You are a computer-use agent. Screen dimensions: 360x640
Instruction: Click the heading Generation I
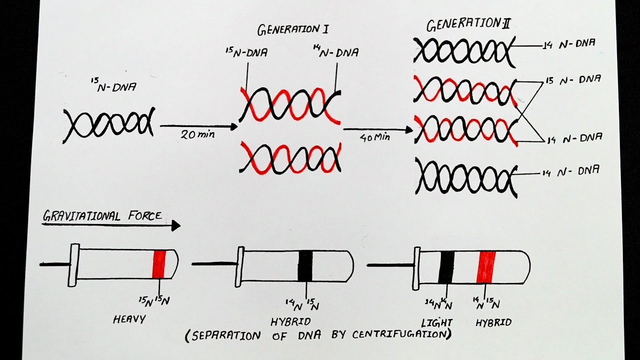click(292, 29)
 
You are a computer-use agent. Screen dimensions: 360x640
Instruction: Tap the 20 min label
click(195, 135)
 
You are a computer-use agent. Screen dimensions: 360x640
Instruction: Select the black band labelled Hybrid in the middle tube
click(305, 265)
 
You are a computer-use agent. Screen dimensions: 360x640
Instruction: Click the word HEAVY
click(129, 319)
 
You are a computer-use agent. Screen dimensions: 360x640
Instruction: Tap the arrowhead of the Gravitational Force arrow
click(175, 226)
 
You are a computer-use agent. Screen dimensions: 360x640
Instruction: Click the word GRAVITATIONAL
click(80, 216)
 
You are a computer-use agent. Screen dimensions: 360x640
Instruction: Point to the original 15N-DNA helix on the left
click(109, 123)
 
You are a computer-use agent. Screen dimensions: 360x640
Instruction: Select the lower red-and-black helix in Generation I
click(290, 157)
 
